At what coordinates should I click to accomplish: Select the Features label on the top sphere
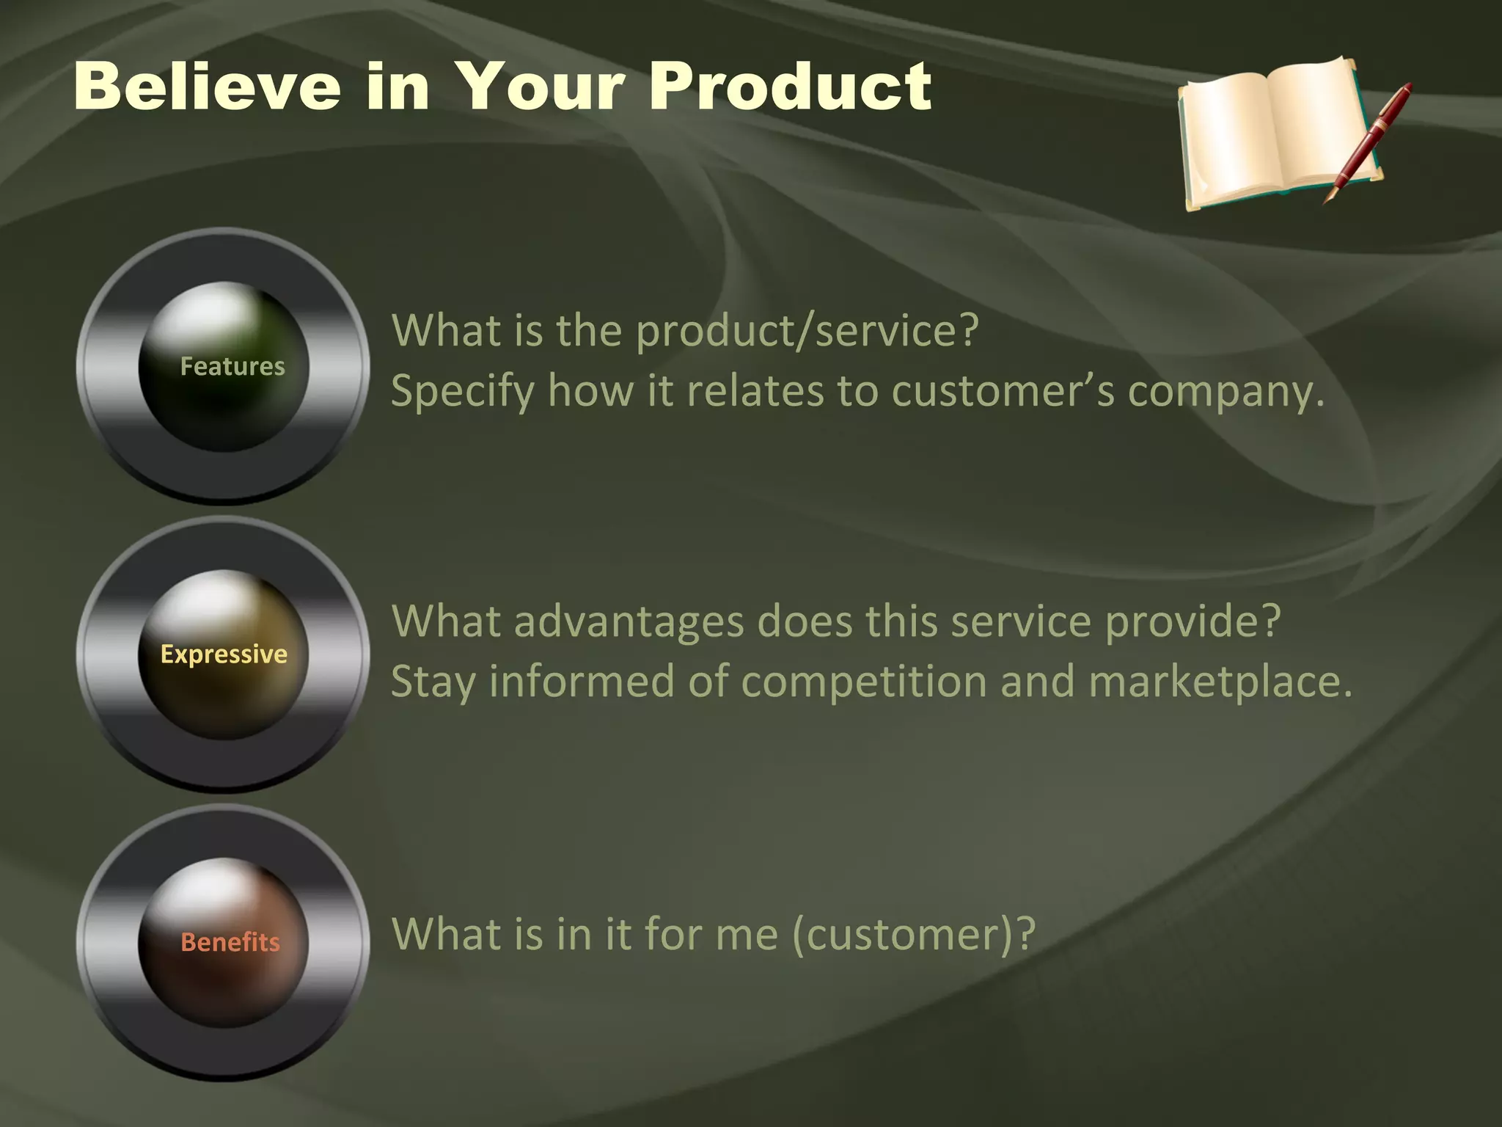[x=232, y=366]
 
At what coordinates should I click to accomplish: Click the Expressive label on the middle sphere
[x=224, y=654]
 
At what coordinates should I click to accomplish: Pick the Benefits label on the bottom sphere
[x=230, y=941]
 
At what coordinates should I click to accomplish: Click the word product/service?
[x=807, y=331]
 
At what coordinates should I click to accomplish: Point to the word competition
[x=863, y=682]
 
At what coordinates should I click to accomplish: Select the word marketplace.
[x=1219, y=682]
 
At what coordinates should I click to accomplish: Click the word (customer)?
[x=913, y=935]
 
